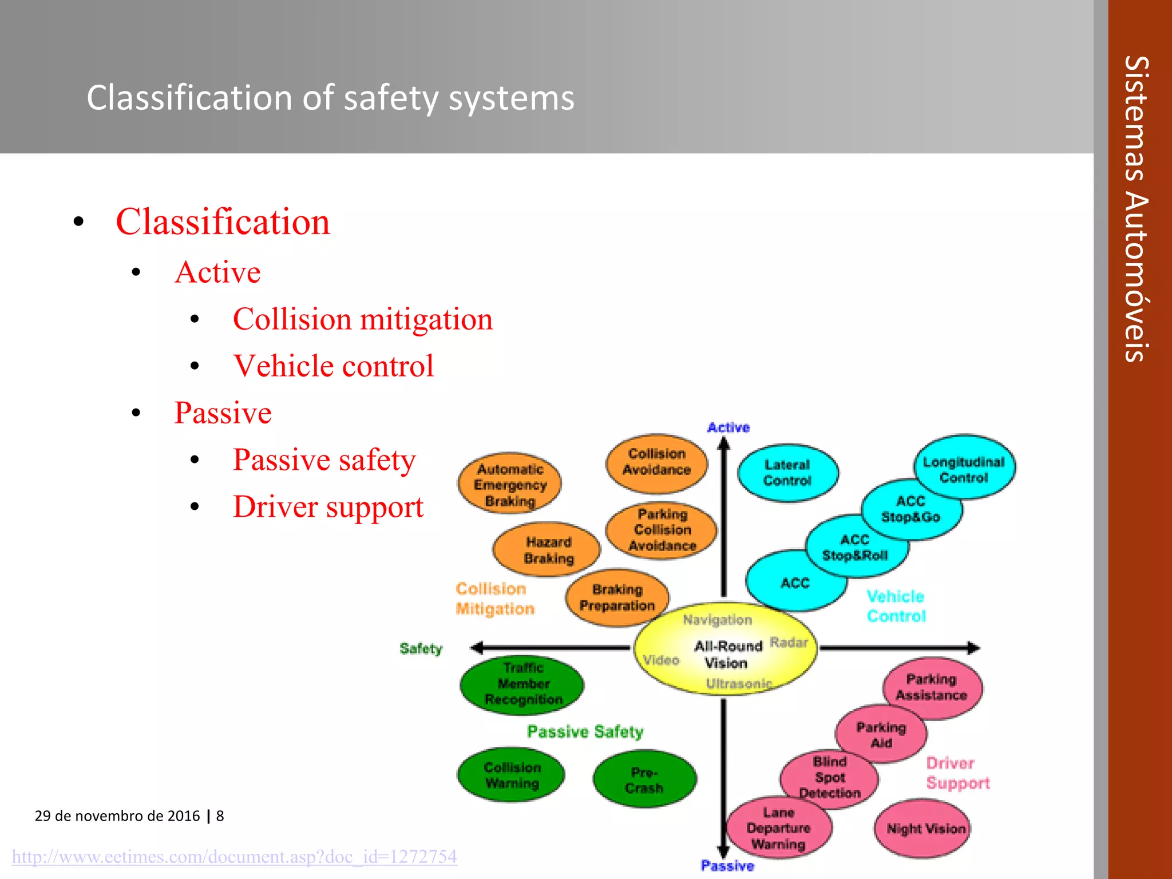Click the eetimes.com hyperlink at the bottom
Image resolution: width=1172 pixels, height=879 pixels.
coord(235,857)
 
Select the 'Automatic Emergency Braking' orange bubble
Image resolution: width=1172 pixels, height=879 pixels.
coord(510,485)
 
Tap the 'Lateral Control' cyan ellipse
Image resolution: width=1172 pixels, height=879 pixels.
coord(787,473)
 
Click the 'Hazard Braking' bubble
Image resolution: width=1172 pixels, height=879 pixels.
coord(548,550)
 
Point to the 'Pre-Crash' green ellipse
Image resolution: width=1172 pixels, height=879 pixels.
coord(644,779)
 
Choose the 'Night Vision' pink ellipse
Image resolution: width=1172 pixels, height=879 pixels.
coord(925,829)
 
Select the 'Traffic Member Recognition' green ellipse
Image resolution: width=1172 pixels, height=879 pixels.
coord(523,684)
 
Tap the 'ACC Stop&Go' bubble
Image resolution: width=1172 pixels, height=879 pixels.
coord(911,509)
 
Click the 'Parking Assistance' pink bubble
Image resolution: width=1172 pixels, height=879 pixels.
coord(932,687)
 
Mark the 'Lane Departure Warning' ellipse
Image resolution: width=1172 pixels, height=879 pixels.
coord(778,828)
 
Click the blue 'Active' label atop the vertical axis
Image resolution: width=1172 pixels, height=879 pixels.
coord(728,427)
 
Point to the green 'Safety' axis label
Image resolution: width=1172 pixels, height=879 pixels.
coord(421,648)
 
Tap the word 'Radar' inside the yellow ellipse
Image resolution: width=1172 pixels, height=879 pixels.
coord(789,642)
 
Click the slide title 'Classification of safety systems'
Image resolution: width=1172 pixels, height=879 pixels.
coord(330,98)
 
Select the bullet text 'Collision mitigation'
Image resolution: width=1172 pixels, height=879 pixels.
coord(362,319)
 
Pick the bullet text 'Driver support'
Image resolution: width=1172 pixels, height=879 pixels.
coord(328,507)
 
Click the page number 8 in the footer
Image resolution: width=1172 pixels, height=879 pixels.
coord(220,815)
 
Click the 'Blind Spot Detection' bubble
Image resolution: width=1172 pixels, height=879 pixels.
coord(829,777)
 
